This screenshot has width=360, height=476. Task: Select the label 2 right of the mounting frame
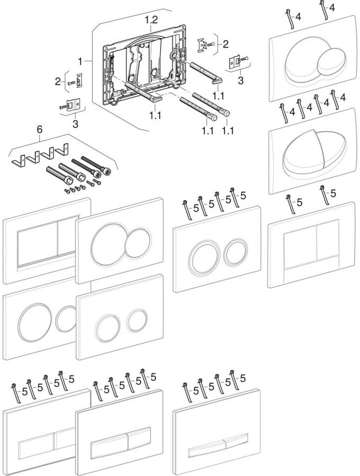pos(226,43)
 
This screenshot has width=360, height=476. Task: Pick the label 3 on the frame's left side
pos(75,123)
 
